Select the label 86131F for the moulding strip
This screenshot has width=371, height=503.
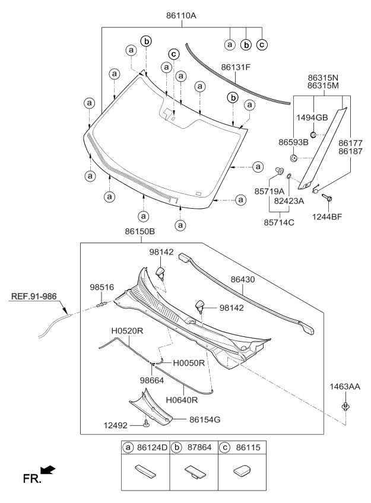pos(236,67)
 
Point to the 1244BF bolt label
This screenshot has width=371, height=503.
pos(328,217)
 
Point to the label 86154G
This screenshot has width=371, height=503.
pos(205,419)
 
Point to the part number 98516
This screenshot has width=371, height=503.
pos(102,287)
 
